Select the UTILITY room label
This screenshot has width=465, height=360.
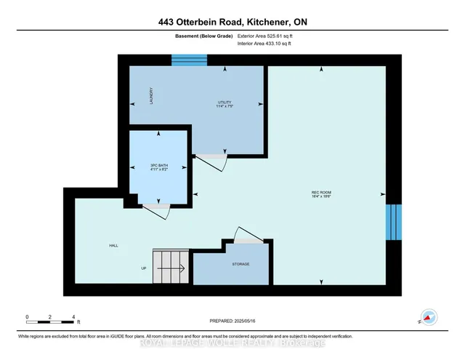coord(225,103)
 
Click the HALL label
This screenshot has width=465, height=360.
coord(113,246)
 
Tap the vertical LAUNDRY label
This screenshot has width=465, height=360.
coord(150,95)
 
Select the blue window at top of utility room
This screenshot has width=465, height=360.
coord(184,60)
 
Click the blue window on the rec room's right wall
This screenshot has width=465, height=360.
coord(393,222)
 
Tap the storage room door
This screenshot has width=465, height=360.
coord(248,237)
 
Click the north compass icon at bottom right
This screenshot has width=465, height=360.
coord(429,318)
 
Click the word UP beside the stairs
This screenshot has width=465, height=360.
coord(143,268)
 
